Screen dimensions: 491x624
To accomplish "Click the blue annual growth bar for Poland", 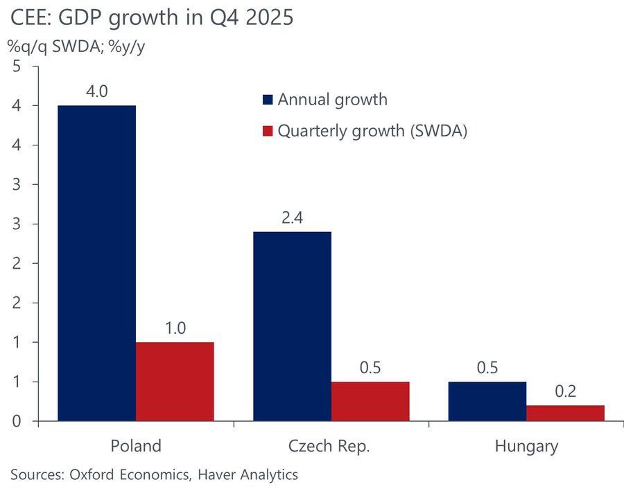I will pyautogui.click(x=96, y=263).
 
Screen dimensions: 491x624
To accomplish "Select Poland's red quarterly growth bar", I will pyautogui.click(x=175, y=382).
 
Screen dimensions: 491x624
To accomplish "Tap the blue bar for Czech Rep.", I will pyautogui.click(x=292, y=326).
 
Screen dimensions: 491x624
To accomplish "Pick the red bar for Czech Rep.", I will pyautogui.click(x=370, y=402).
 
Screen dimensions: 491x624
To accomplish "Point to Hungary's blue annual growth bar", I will pyautogui.click(x=487, y=402).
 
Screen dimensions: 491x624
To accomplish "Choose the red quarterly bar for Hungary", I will pyautogui.click(x=565, y=413).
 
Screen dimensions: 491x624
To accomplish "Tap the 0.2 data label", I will pyautogui.click(x=566, y=392).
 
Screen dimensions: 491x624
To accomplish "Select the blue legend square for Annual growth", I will pyautogui.click(x=268, y=100).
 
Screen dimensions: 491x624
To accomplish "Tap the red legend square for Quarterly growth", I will pyautogui.click(x=268, y=131).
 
